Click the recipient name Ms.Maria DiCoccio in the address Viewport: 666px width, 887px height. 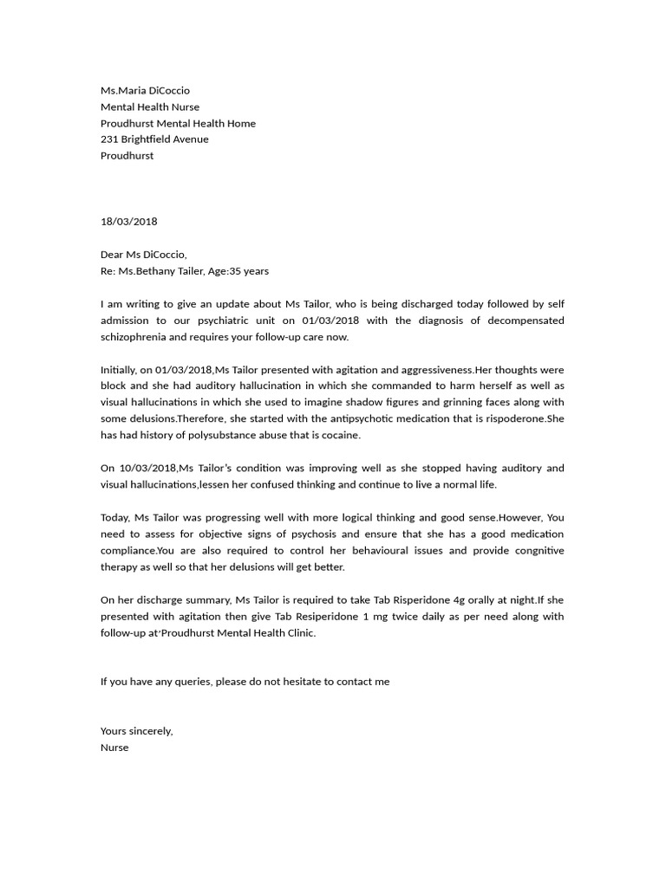point(145,91)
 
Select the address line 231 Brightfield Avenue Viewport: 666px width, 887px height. point(154,139)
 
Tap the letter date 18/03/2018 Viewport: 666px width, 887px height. point(129,222)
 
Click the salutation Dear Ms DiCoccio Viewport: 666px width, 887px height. point(143,255)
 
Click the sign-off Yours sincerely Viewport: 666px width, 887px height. point(137,731)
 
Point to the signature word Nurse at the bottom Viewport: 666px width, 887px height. point(114,748)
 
